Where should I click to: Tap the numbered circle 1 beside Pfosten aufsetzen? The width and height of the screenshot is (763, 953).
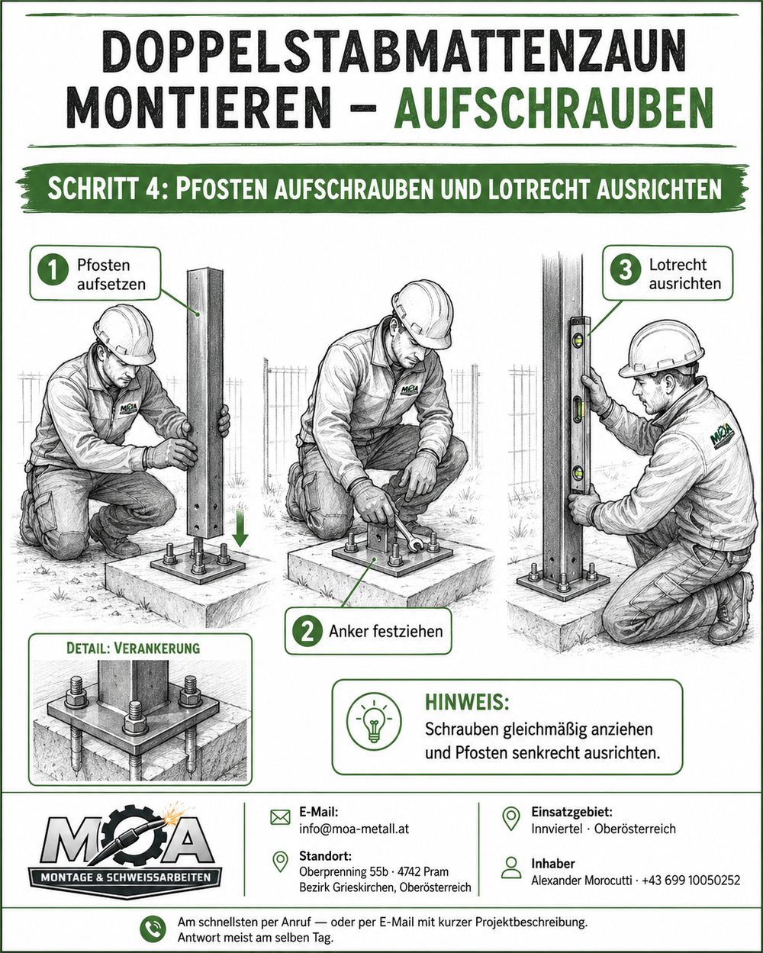(53, 271)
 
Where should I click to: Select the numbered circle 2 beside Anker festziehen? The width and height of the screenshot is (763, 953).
(307, 632)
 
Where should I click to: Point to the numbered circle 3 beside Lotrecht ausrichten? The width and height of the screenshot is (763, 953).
(626, 269)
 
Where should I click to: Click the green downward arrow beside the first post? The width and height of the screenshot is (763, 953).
(240, 527)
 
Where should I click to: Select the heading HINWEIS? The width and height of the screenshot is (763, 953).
(467, 703)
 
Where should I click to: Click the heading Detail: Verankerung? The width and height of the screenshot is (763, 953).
(133, 649)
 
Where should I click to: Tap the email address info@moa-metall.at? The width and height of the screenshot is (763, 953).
(354, 829)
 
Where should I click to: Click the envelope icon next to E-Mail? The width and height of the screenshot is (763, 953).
(280, 818)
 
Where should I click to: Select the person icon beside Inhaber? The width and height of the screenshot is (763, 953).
(511, 868)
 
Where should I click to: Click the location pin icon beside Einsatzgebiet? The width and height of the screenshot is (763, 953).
(511, 819)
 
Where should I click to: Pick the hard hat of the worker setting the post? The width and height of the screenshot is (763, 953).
(126, 334)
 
